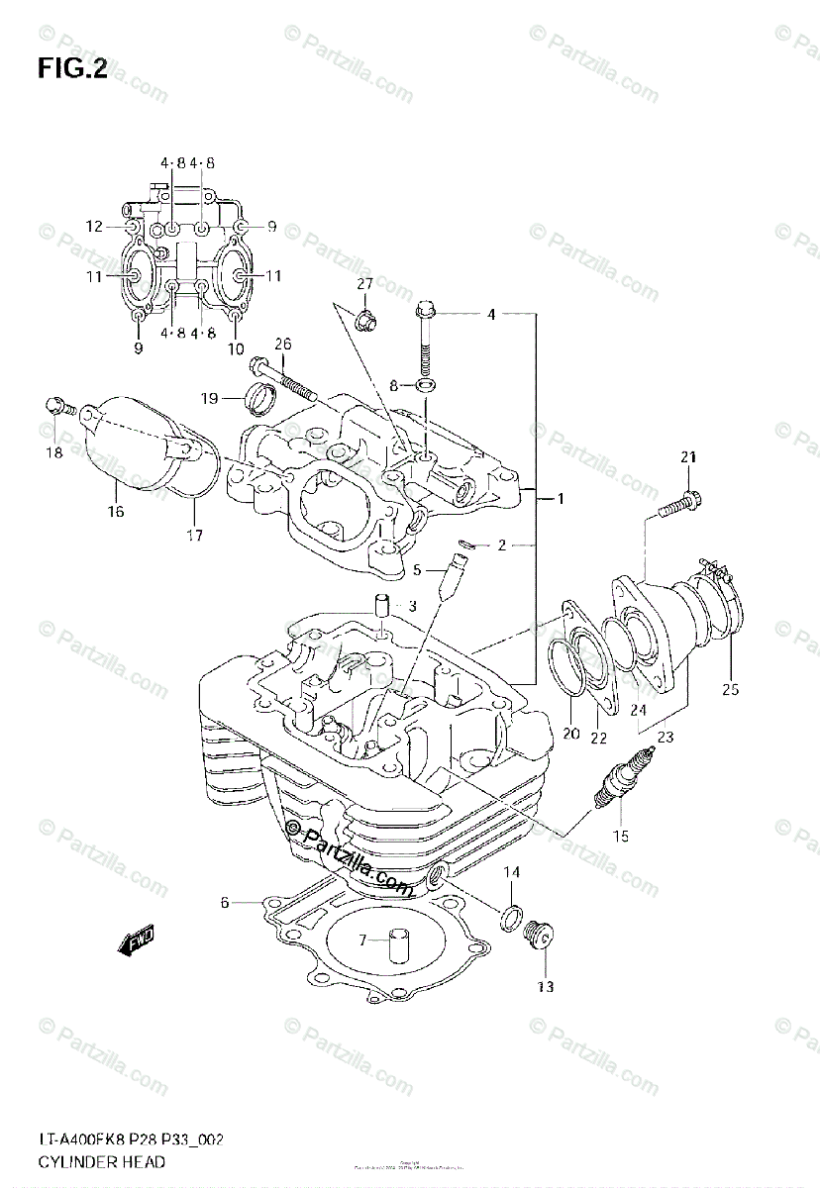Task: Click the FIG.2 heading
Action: click(x=71, y=68)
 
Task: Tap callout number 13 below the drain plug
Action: click(x=546, y=986)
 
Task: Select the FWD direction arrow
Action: click(x=137, y=941)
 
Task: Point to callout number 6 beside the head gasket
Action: click(x=225, y=902)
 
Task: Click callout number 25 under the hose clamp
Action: click(x=731, y=689)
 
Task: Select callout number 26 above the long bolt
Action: click(x=283, y=345)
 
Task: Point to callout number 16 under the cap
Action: click(x=116, y=511)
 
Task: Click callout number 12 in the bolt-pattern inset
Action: click(x=94, y=227)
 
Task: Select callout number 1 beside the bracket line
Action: click(x=560, y=500)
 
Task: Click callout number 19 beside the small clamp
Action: click(x=209, y=399)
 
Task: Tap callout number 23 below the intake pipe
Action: click(x=665, y=735)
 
